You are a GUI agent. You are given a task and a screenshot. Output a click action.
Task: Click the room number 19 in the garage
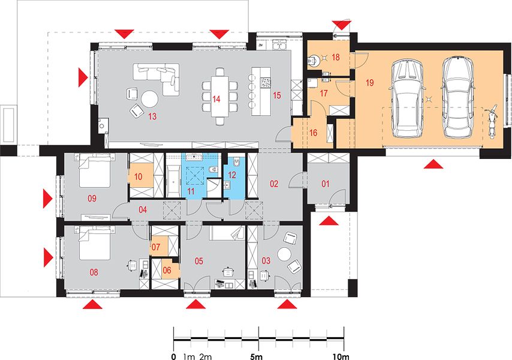(x=370, y=83)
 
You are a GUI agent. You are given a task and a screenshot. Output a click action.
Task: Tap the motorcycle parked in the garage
(x=491, y=121)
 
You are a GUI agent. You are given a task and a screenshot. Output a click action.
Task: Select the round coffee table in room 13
(x=149, y=98)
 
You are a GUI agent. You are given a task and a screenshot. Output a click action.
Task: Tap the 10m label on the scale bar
(x=341, y=356)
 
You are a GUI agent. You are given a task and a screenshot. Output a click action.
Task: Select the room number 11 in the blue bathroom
(x=191, y=191)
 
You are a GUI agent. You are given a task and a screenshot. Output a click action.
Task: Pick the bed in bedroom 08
(x=94, y=243)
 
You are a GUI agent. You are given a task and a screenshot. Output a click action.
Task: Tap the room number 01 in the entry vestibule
(x=326, y=184)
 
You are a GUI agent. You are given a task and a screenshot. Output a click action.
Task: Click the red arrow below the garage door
(x=433, y=164)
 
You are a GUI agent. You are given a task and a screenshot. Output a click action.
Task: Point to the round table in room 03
(x=284, y=254)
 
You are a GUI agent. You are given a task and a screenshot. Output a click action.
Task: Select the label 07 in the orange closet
(x=156, y=247)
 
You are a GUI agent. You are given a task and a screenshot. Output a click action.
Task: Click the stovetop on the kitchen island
(x=266, y=82)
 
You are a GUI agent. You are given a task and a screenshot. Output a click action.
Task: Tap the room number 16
(x=313, y=133)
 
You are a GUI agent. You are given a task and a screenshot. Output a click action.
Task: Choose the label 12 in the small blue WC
(x=232, y=175)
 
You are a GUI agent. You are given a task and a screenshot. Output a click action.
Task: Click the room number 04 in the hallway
(x=143, y=210)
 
